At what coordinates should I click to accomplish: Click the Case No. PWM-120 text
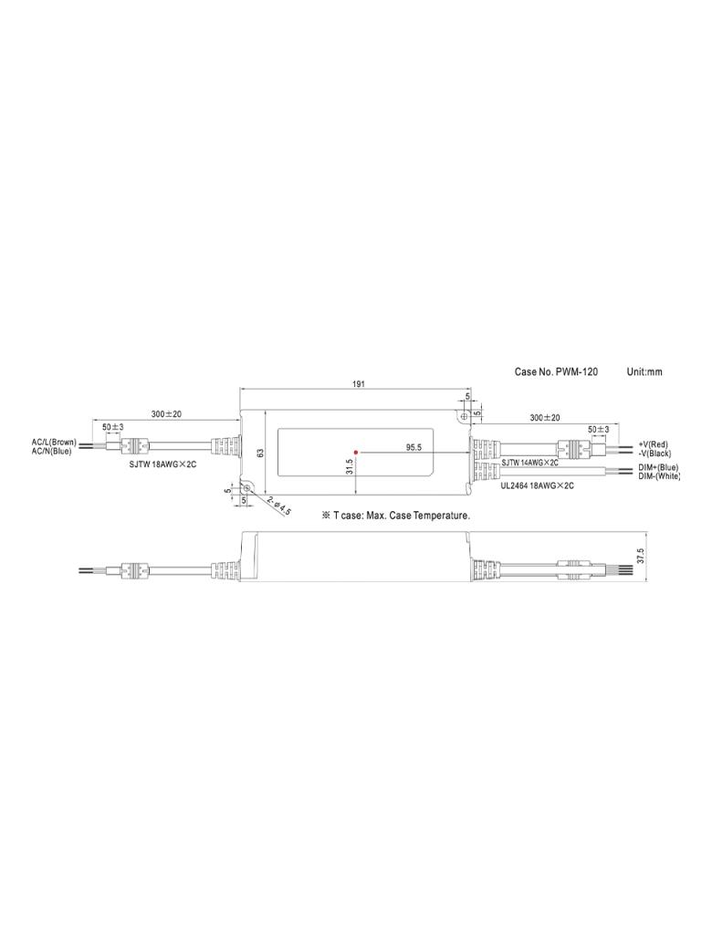(x=556, y=371)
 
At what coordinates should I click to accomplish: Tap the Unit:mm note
(x=644, y=371)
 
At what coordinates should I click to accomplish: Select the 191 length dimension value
(x=359, y=384)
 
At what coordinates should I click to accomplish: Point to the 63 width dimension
(x=260, y=453)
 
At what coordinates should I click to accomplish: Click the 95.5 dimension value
(x=414, y=447)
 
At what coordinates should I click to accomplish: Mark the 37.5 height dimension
(x=641, y=557)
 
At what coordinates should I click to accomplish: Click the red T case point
(x=356, y=452)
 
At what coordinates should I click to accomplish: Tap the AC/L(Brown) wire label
(x=55, y=443)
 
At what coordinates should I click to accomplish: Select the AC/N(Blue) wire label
(x=51, y=451)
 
